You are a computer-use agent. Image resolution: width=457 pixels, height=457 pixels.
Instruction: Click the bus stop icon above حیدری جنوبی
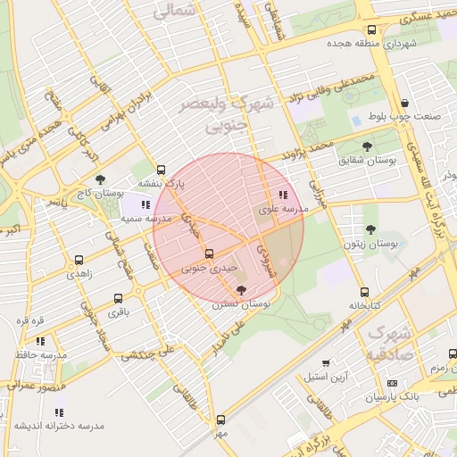(x=210, y=253)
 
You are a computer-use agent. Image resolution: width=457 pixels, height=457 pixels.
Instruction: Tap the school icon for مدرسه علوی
(x=283, y=195)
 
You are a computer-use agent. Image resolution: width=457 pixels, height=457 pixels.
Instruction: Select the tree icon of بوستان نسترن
(x=241, y=290)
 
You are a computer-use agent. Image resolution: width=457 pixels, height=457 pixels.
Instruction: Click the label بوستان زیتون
(x=370, y=243)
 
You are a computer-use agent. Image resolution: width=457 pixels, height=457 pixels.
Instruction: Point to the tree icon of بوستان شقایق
(x=367, y=146)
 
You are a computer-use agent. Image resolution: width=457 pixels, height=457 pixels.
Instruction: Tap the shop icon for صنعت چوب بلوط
(x=405, y=104)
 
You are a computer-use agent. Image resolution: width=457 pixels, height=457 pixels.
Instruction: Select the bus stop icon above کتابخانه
(x=363, y=292)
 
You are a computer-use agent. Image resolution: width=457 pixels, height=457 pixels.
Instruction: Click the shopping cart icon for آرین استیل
(x=325, y=362)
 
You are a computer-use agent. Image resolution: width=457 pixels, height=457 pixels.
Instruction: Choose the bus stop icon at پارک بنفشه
(x=161, y=170)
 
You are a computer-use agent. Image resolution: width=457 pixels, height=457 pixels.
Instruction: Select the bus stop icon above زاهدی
(x=79, y=261)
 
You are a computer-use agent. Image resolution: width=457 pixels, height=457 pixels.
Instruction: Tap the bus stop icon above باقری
(x=118, y=299)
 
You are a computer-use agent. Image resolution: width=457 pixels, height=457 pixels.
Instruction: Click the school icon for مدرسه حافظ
(x=40, y=341)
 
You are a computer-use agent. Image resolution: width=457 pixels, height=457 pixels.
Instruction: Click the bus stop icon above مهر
(x=220, y=419)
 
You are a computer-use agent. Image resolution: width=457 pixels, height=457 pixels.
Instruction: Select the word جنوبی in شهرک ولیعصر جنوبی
(x=224, y=127)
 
